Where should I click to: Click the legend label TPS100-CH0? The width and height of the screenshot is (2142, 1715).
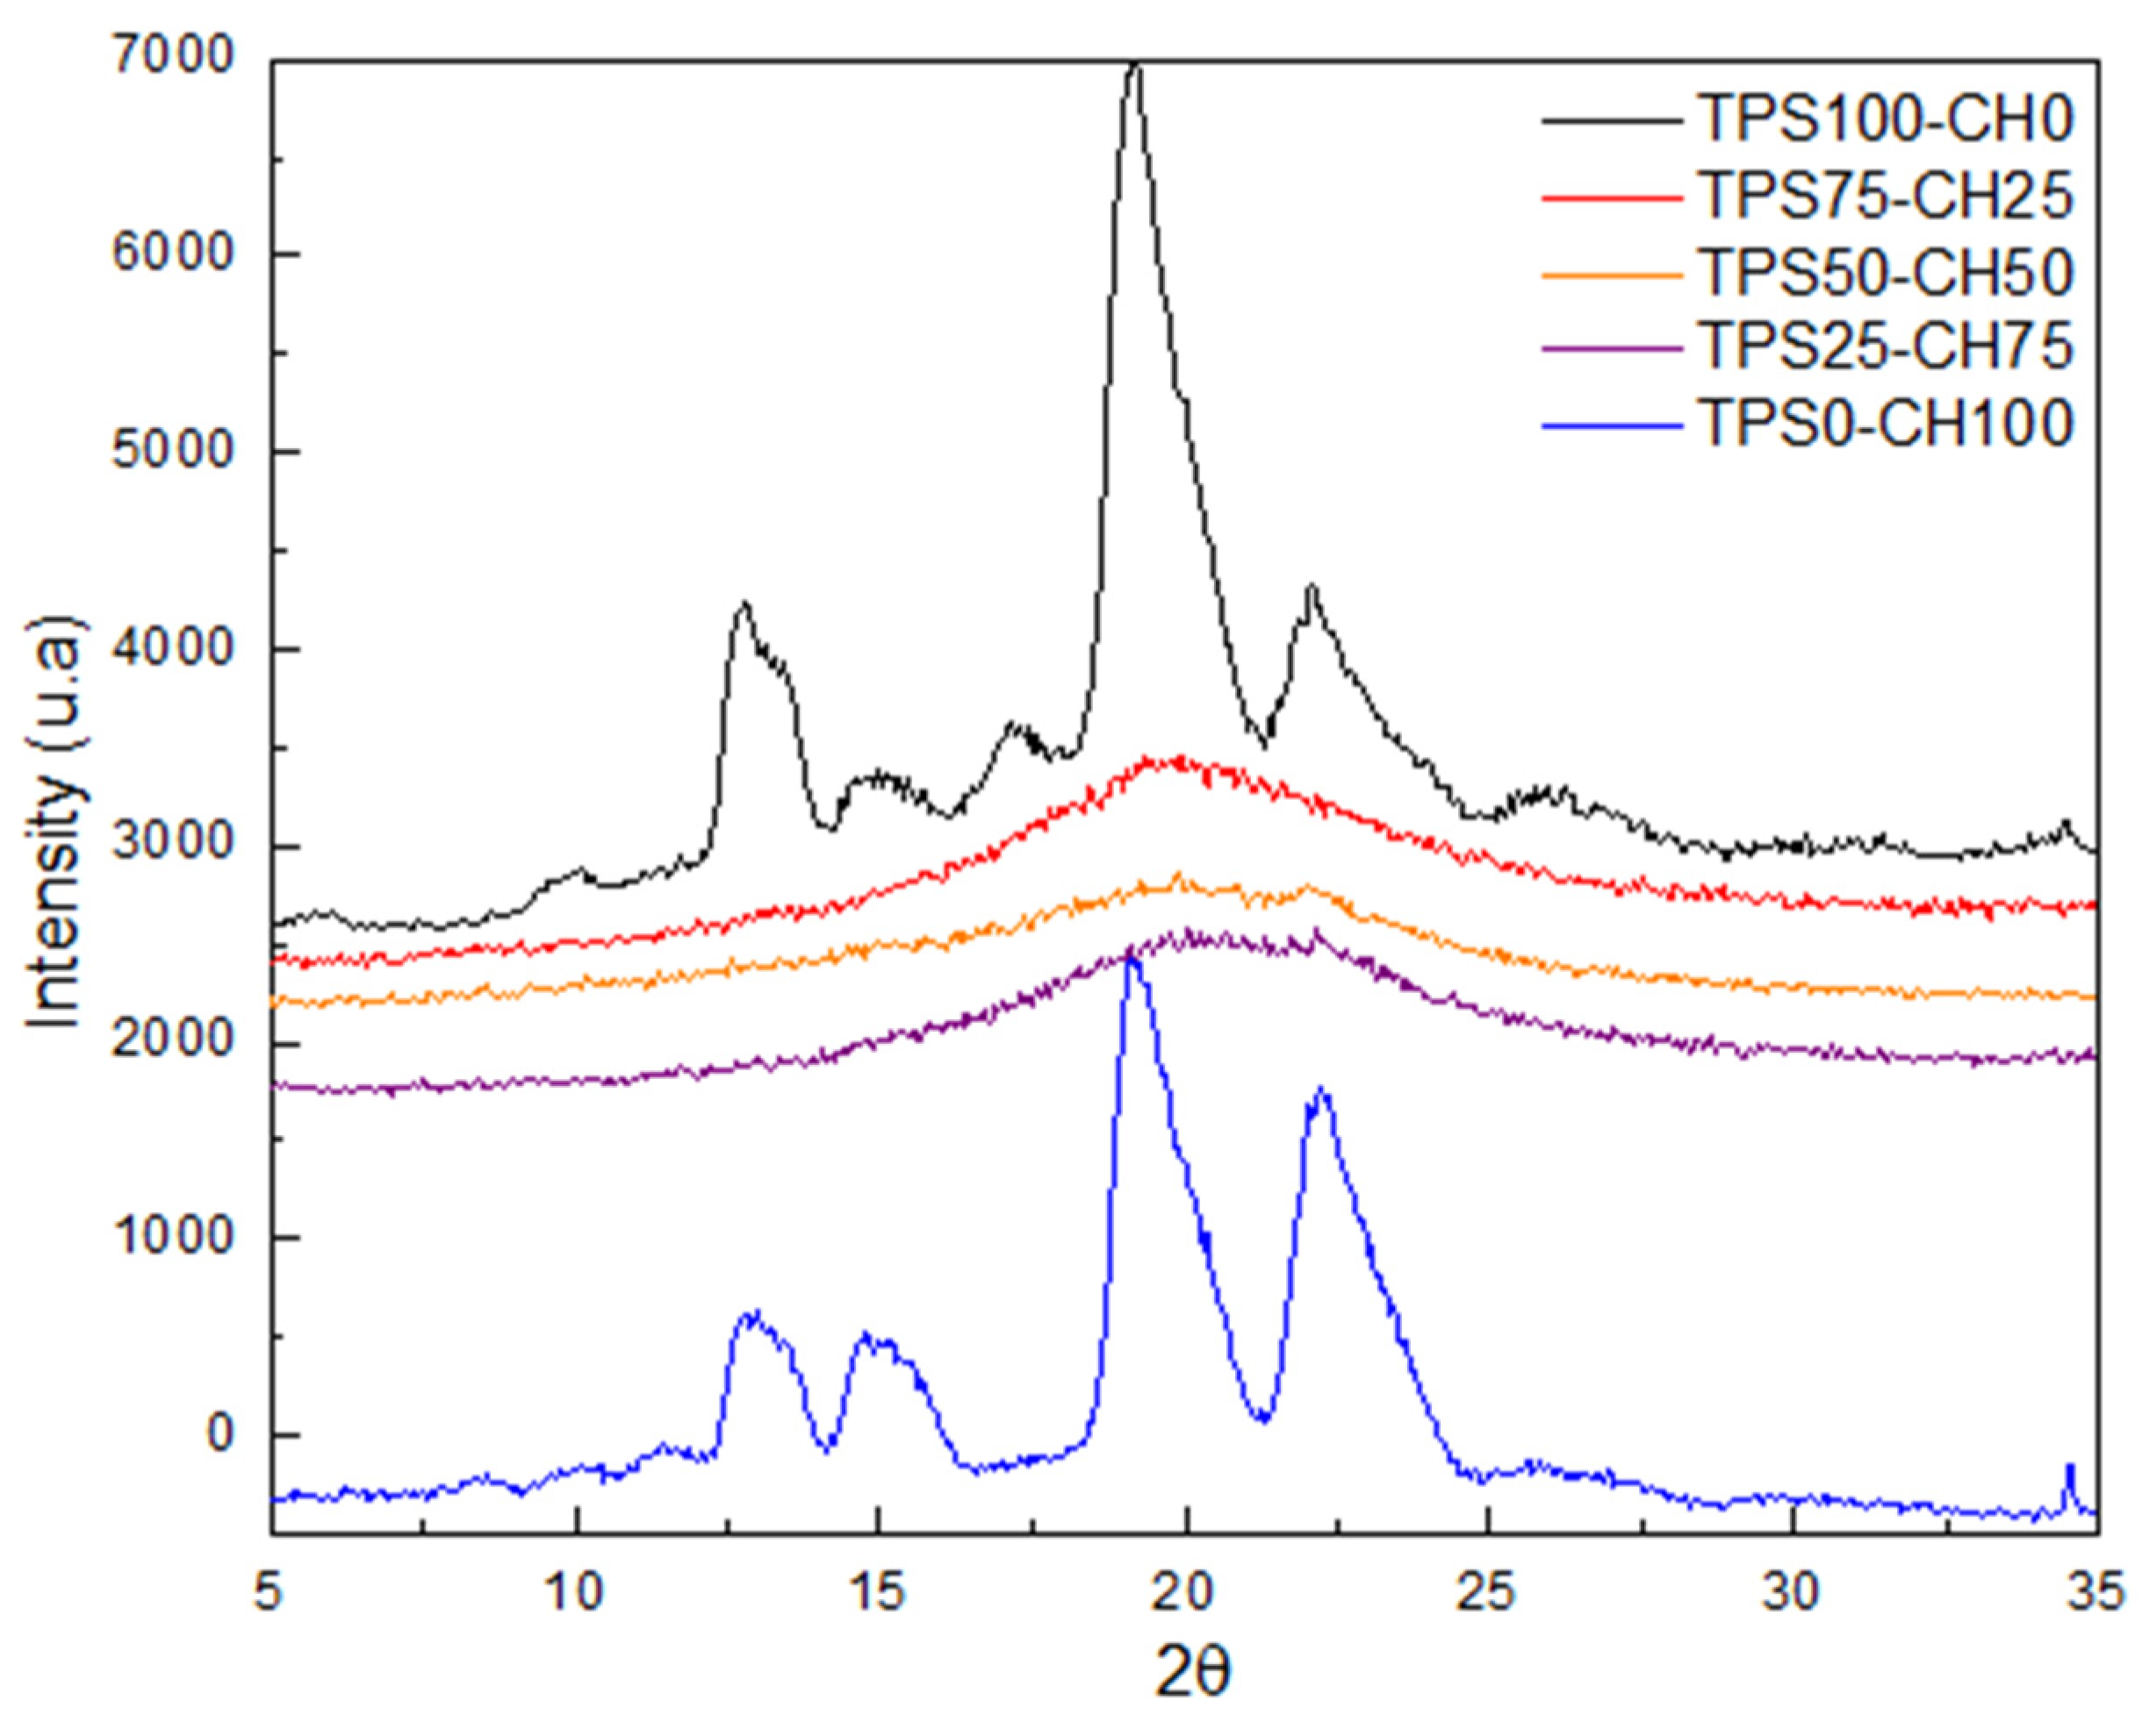pyautogui.click(x=1885, y=120)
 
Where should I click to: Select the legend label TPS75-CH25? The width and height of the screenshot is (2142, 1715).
pyautogui.click(x=1885, y=196)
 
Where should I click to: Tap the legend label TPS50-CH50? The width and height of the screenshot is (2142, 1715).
pyautogui.click(x=1885, y=271)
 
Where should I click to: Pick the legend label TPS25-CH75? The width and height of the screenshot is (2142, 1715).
pyautogui.click(x=1885, y=347)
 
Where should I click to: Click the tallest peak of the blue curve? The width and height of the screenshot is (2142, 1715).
pyautogui.click(x=1132, y=958)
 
